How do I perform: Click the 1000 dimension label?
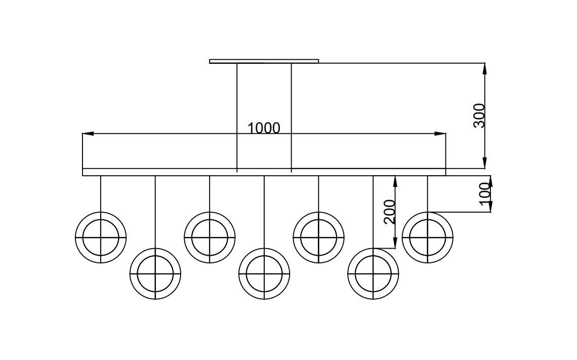[x=264, y=128]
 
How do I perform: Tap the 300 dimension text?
[x=479, y=115]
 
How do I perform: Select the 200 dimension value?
[x=389, y=212]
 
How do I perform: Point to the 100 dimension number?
[x=485, y=192]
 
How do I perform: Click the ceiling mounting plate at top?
[x=264, y=61]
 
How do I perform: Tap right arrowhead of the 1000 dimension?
[x=440, y=134]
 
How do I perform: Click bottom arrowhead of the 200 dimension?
[x=395, y=243]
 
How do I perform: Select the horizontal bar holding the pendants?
[x=264, y=172]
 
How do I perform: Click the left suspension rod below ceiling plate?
[x=236, y=117]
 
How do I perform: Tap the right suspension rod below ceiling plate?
[x=292, y=117]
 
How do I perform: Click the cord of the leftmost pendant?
[x=101, y=194]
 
